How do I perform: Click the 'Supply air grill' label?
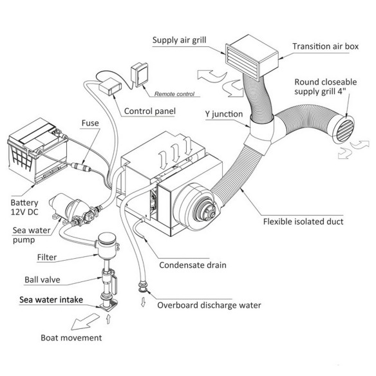pos(179,40)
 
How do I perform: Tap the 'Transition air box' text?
pos(325,46)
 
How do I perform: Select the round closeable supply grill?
pos(344,129)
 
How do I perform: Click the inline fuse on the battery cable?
pos(81,166)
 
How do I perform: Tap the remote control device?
pos(140,75)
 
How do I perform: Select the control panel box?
pos(110,86)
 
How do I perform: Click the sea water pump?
pos(72,209)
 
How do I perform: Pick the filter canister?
pos(107,245)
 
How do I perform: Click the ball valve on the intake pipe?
pos(109,280)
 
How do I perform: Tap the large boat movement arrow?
pos(84,321)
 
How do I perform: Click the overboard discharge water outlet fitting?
pos(143,287)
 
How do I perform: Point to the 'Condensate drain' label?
pos(193,265)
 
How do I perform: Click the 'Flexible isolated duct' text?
pos(303,221)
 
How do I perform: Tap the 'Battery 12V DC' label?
pos(24,207)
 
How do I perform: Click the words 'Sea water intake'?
pos(51,299)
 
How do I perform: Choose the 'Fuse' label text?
pos(90,123)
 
